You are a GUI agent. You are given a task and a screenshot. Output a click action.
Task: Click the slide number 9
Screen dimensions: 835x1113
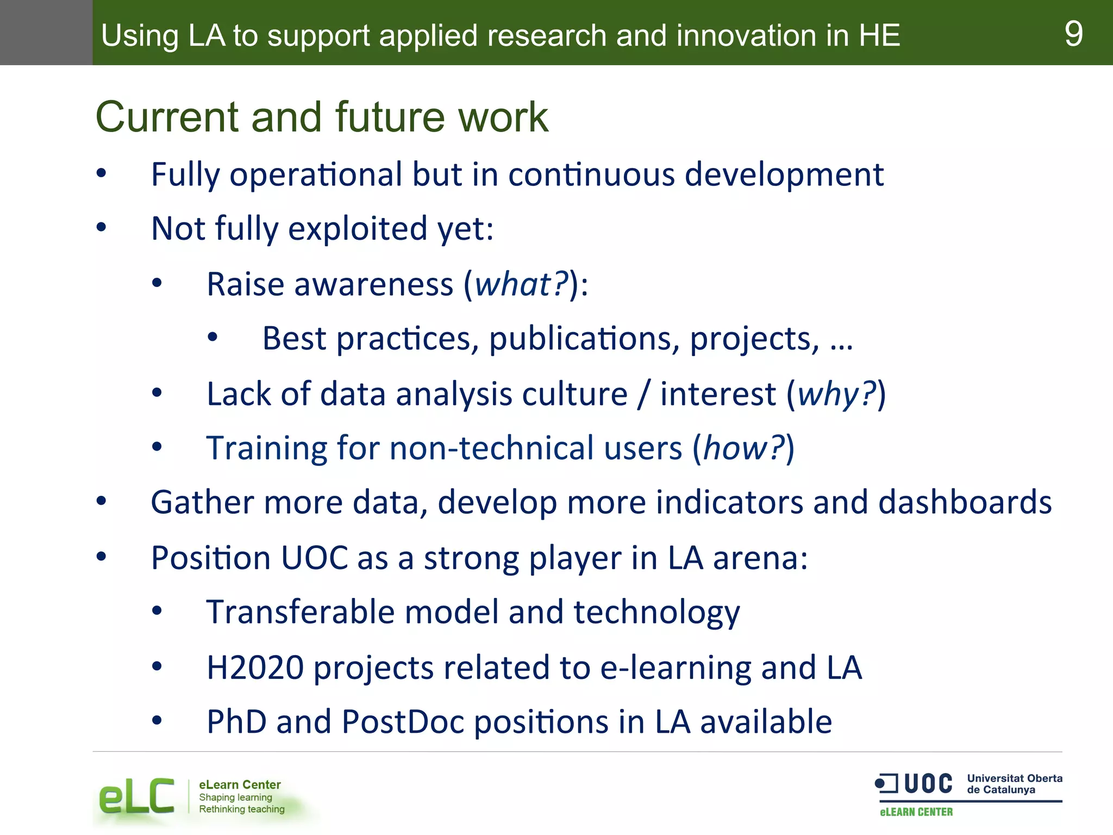click(1073, 34)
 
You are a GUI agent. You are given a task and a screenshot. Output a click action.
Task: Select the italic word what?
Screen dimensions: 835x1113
click(521, 284)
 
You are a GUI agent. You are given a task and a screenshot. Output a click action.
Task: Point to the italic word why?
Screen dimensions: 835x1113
click(836, 394)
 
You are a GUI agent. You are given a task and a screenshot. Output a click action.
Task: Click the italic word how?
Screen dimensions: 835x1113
click(744, 448)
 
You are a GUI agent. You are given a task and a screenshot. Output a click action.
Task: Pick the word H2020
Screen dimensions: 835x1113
click(255, 668)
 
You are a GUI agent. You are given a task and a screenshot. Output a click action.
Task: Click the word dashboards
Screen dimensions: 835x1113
click(965, 502)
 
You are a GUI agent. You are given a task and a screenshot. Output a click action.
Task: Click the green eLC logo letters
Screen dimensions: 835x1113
click(136, 797)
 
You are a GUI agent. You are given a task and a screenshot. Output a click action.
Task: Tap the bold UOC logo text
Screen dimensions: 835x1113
click(928, 784)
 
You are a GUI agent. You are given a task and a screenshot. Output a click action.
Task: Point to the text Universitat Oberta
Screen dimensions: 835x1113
click(1014, 778)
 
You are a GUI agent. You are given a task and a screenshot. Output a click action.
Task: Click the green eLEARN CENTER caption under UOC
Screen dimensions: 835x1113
click(916, 812)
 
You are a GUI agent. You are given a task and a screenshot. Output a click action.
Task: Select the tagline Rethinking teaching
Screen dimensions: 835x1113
click(241, 809)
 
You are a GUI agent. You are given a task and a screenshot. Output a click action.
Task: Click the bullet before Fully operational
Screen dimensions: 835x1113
click(101, 173)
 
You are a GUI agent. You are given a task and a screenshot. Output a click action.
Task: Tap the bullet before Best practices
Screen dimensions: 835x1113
click(212, 338)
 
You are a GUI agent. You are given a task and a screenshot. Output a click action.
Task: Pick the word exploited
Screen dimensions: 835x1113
click(358, 228)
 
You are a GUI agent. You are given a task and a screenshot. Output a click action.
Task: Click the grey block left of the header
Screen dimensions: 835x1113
click(46, 33)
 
